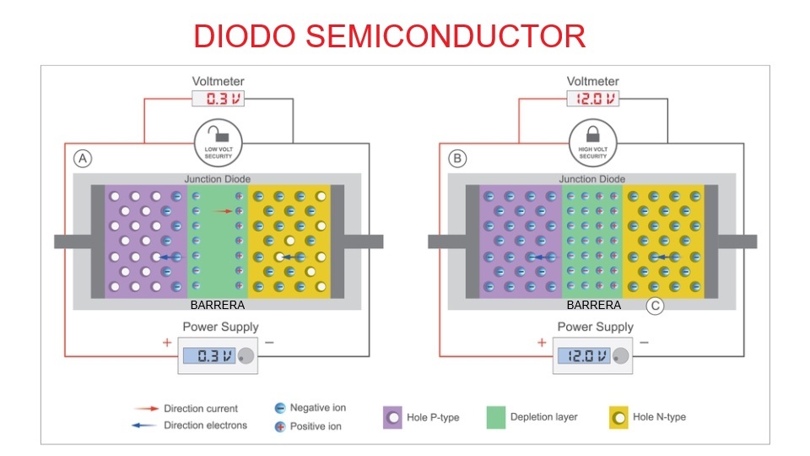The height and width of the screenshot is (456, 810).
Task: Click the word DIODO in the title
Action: point(245,36)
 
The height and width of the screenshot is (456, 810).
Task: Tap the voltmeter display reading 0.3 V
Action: point(218,98)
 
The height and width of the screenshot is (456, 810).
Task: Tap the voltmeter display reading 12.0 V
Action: point(592,98)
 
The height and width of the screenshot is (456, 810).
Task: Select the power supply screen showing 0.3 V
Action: point(209,356)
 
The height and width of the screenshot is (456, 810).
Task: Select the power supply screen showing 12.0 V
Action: point(584,356)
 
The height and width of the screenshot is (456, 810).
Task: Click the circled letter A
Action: point(83,158)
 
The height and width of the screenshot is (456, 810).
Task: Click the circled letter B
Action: point(457,158)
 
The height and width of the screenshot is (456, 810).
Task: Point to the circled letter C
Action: point(655,306)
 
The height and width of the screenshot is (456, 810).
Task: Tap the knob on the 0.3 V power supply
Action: point(246,356)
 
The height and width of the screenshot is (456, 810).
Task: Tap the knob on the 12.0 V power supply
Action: point(620,356)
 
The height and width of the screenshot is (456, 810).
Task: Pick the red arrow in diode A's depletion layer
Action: point(223,211)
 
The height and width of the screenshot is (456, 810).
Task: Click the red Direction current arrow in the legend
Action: point(146,409)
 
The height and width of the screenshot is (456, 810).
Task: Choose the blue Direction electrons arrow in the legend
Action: point(144,426)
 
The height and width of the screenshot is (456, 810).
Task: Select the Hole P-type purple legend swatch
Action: point(392,418)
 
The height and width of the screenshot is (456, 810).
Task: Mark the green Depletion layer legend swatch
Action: point(496,418)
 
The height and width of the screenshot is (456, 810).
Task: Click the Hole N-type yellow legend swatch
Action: point(618,418)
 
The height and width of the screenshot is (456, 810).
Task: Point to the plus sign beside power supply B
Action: point(542,342)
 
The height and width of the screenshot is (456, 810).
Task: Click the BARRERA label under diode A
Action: point(218,305)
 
